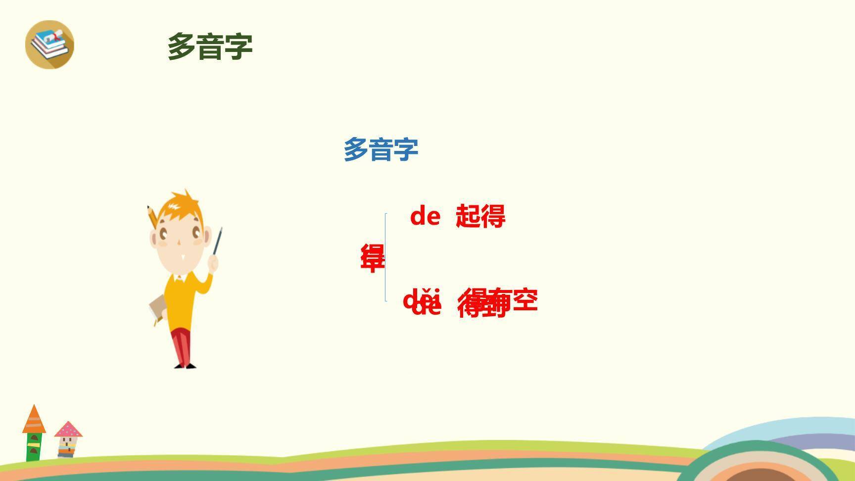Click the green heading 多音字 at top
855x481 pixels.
click(x=210, y=47)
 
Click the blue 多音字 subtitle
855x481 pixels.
click(x=381, y=149)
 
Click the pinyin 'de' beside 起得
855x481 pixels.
click(x=425, y=216)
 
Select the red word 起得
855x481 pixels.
click(x=480, y=216)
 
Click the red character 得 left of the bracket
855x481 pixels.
click(x=372, y=257)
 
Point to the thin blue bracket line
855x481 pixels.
click(x=386, y=257)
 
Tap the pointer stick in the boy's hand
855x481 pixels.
click(x=218, y=240)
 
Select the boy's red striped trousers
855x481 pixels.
click(x=182, y=346)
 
